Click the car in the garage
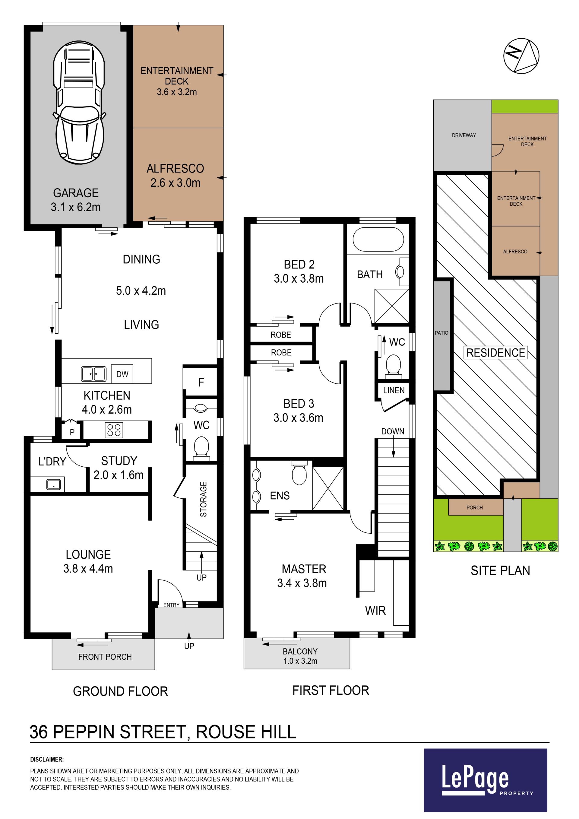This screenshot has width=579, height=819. click(79, 103)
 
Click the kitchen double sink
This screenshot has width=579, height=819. click(94, 374)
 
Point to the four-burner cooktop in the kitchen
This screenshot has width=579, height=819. click(114, 430)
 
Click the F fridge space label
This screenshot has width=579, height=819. click(201, 383)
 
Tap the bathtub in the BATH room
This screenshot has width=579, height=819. click(378, 239)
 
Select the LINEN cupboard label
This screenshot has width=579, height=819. click(394, 390)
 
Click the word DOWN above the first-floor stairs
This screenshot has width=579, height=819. click(393, 431)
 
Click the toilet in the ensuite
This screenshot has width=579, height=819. click(299, 472)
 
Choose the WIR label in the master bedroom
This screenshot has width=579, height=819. click(375, 611)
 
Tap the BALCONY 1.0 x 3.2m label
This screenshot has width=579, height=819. click(300, 656)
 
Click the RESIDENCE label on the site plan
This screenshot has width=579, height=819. click(495, 352)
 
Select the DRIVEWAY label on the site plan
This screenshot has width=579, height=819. click(464, 135)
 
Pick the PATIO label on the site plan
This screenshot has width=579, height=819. click(441, 333)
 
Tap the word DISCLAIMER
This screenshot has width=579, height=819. click(47, 760)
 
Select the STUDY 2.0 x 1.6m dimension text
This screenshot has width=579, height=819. click(119, 468)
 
